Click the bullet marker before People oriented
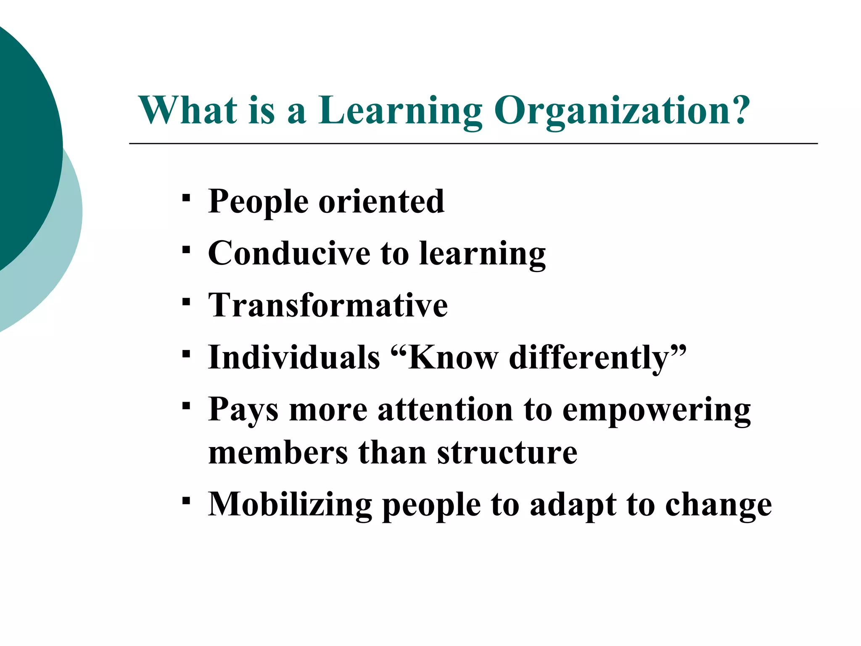(186, 198)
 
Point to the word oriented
(381, 201)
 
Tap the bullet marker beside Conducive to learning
(186, 250)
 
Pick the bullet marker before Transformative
(186, 302)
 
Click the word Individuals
(294, 357)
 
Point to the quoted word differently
(593, 358)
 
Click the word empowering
(656, 410)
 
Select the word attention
(445, 410)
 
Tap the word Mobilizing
(290, 505)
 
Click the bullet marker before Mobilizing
(186, 500)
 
